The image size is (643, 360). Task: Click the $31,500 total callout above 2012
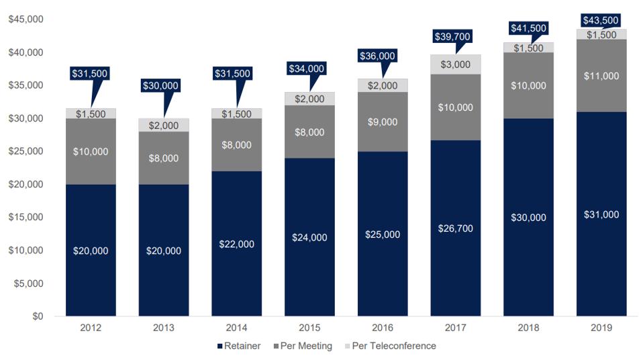(x=89, y=73)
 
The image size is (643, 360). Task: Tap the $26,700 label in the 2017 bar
(x=456, y=229)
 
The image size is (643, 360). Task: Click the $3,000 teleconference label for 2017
(x=456, y=64)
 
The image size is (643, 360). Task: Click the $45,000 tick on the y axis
(x=26, y=19)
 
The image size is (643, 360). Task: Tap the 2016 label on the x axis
(x=383, y=328)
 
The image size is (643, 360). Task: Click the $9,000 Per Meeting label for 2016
(x=383, y=122)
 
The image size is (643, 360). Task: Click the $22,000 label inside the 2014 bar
(x=237, y=244)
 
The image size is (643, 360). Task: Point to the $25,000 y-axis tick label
(x=26, y=152)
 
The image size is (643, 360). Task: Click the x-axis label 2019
(x=601, y=328)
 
